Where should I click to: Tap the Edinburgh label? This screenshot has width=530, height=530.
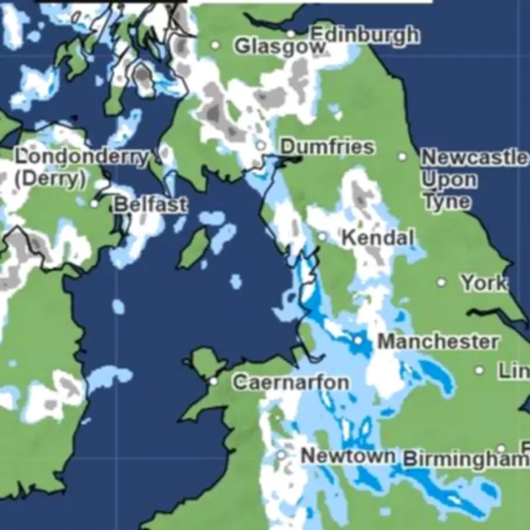pos(364,34)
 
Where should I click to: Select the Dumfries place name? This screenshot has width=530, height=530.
pos(327,146)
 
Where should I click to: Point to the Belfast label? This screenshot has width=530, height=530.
pos(150,204)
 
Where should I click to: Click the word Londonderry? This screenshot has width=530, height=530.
pos(81,158)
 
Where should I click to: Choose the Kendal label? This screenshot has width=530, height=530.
pos(378,238)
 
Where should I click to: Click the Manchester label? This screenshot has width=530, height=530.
pos(438,342)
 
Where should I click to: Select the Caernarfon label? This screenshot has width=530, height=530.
pos(291,382)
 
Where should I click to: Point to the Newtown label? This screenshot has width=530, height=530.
pos(348,456)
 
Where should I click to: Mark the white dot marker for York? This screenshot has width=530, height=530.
pos(442,282)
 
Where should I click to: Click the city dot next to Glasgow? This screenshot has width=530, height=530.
pos(215,45)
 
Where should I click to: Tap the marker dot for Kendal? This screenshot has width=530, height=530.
pos(323,237)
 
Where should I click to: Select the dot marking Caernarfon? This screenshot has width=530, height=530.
pos(213,382)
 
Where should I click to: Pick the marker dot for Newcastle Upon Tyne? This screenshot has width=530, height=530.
pos(402,157)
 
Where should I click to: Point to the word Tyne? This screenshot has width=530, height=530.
pos(446,201)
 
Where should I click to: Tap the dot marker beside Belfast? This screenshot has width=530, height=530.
pos(94,204)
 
